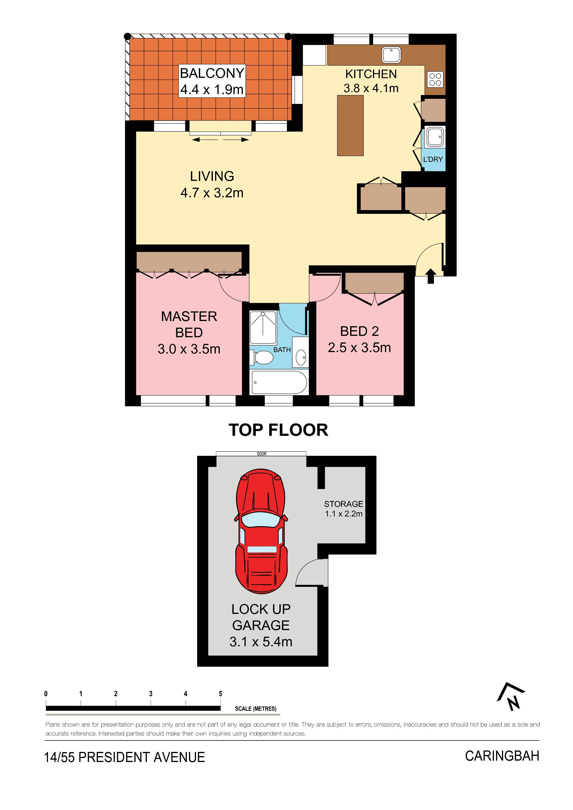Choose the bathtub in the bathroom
pyautogui.click(x=279, y=382)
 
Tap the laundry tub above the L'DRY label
pyautogui.click(x=435, y=137)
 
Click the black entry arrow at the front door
pyautogui.click(x=430, y=276)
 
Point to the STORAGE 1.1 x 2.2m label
pyautogui.click(x=344, y=509)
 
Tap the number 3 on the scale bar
pyautogui.click(x=151, y=694)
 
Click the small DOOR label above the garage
pyautogui.click(x=262, y=454)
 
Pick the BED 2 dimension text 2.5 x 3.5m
pyautogui.click(x=359, y=348)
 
